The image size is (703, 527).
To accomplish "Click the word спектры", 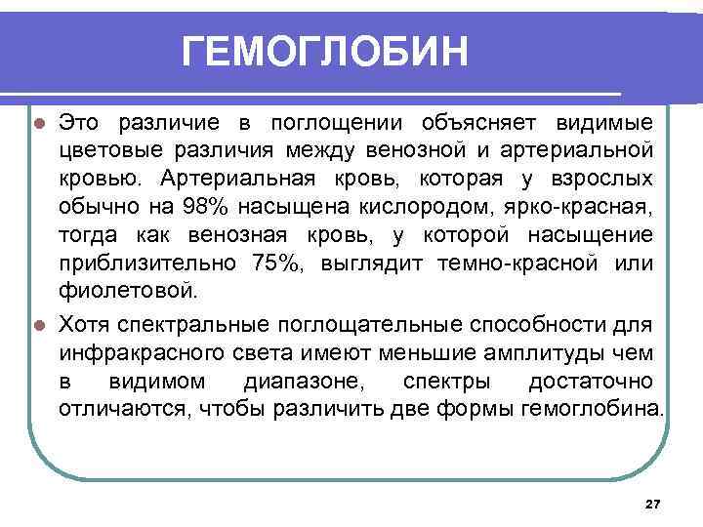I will [430, 380].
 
